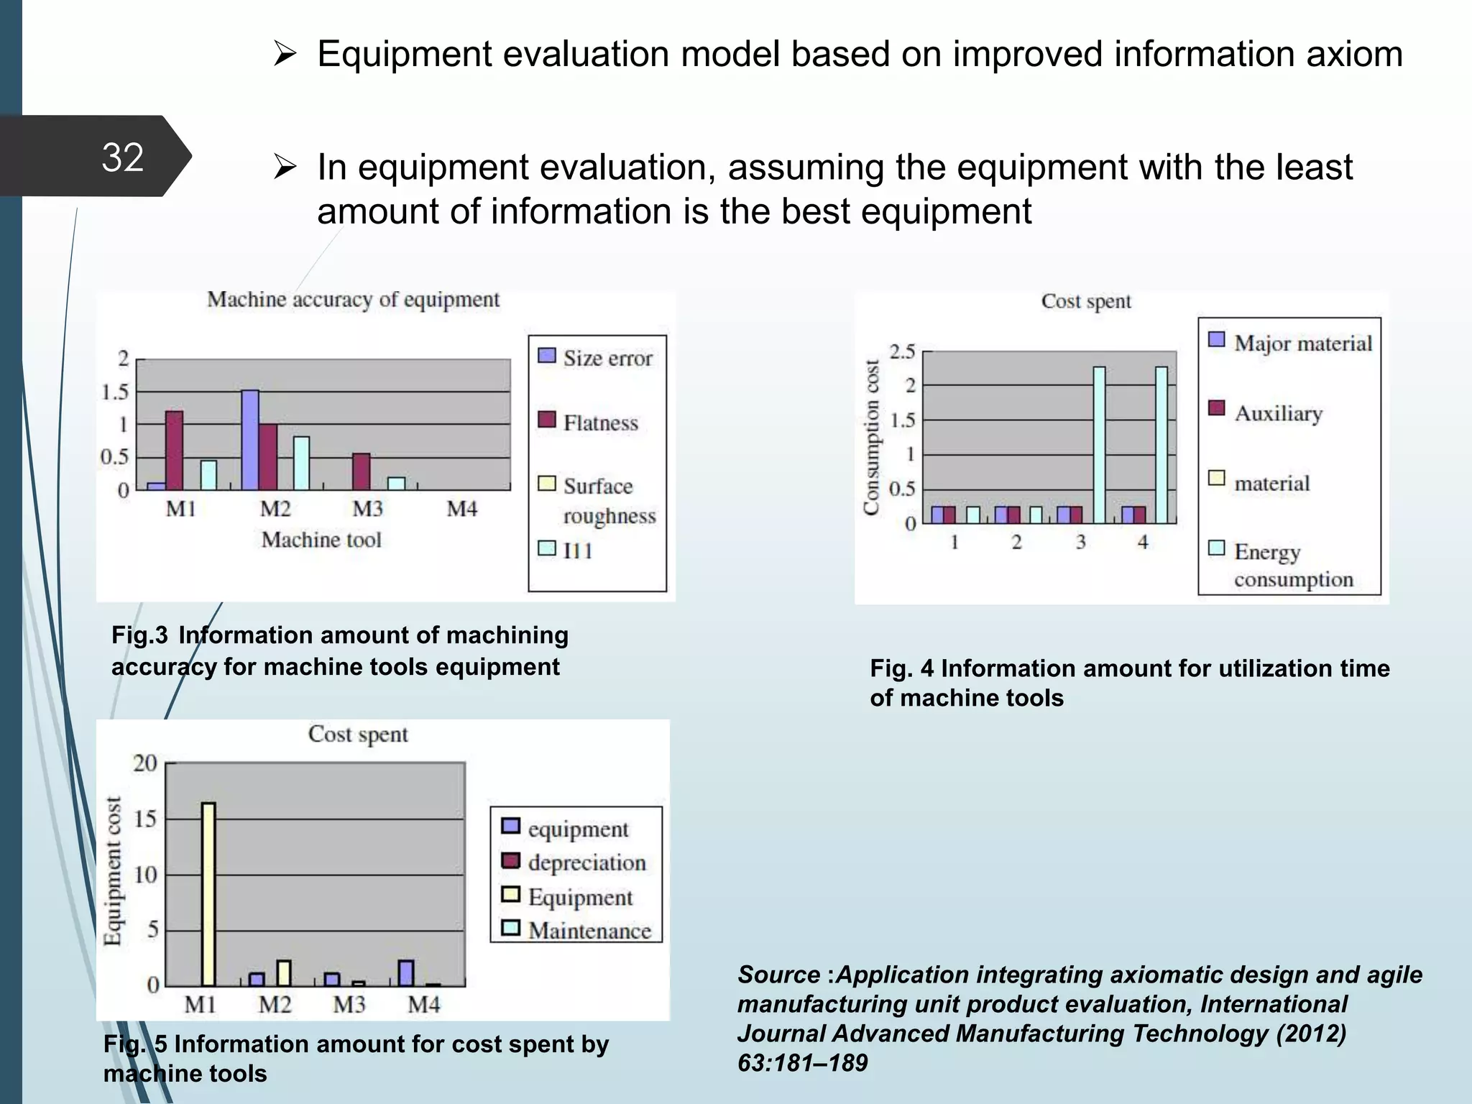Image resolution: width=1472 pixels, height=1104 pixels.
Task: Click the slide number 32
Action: [122, 157]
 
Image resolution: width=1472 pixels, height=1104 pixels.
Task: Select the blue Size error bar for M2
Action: [250, 440]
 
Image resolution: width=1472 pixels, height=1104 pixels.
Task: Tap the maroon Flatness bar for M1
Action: [175, 451]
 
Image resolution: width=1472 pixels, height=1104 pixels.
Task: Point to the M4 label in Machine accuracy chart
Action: [461, 509]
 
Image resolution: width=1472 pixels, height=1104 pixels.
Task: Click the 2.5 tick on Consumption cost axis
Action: [902, 351]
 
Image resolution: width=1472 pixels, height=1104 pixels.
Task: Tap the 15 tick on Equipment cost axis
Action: [145, 819]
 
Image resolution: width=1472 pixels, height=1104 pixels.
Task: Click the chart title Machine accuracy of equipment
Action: [353, 299]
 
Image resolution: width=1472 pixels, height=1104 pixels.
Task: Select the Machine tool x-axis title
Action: [321, 540]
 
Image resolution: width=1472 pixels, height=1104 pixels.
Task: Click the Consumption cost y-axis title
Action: [871, 437]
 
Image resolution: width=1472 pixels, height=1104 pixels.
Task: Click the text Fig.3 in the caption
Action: [139, 635]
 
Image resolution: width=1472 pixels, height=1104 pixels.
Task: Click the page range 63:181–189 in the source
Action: [802, 1063]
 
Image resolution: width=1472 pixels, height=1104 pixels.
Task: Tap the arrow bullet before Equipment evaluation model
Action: [285, 54]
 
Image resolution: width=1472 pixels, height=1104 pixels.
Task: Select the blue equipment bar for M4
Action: [405, 972]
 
